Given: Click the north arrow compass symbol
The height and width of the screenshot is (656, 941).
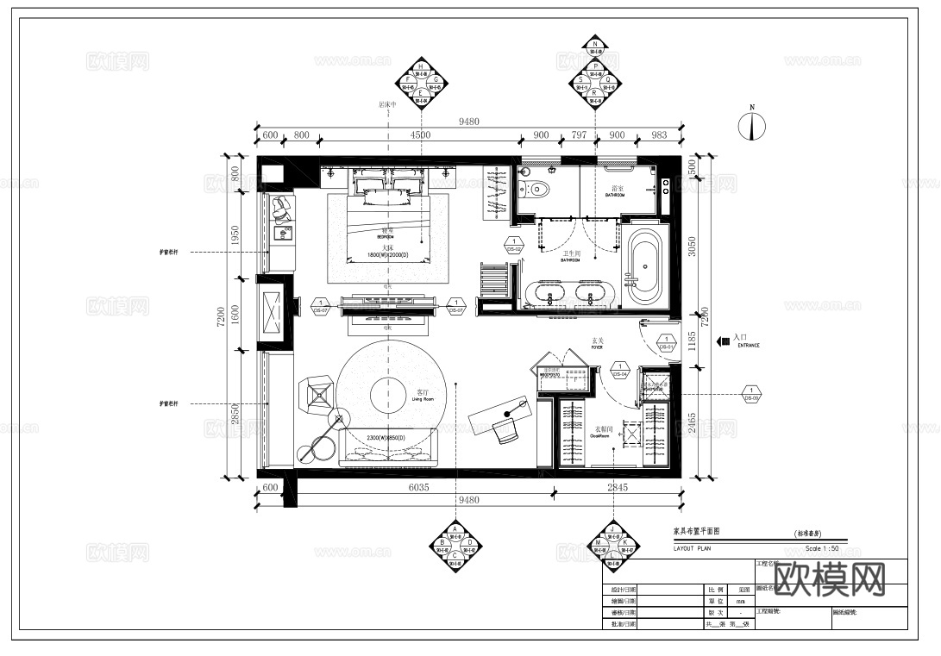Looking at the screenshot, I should coord(752,126).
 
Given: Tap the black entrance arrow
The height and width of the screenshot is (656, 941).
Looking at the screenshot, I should coord(723,341).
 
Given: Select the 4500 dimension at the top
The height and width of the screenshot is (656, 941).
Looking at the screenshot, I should coord(420,134).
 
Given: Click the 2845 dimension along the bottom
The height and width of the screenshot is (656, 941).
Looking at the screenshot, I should coord(617,488).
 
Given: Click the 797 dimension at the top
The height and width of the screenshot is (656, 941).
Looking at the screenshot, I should coord(579,134).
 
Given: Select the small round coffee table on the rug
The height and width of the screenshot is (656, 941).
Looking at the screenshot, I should coord(390,397).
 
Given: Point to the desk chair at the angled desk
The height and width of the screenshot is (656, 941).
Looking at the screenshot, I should coord(505,428).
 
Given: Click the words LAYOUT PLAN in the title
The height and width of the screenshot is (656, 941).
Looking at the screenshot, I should coord(693,547).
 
